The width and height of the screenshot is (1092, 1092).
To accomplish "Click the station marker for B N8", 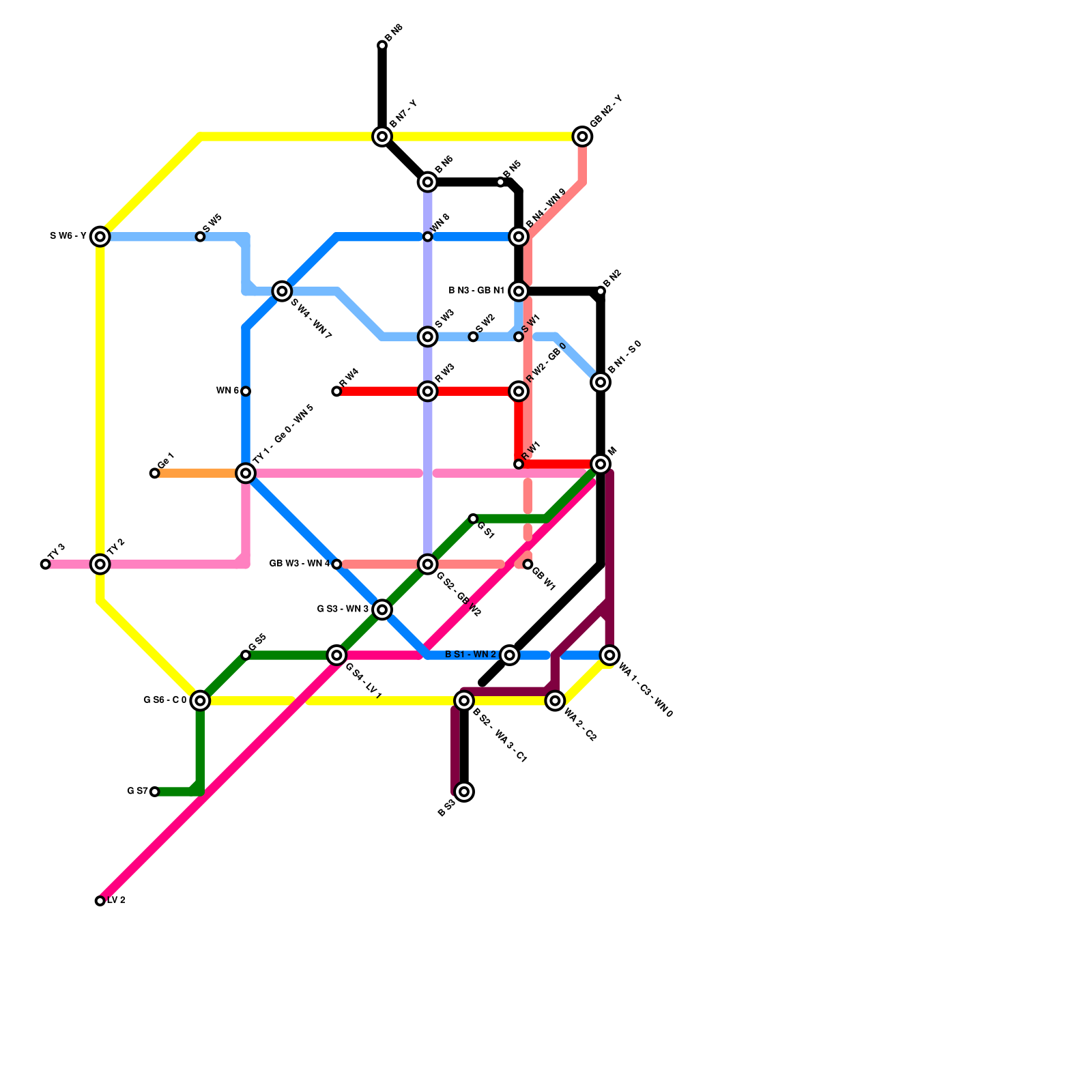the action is pos(382,46).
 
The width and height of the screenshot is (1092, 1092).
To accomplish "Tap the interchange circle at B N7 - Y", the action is pos(382,136).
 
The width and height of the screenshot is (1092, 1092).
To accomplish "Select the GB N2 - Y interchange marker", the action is pos(582,136).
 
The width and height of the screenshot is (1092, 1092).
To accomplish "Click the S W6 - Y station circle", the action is pos(100,237).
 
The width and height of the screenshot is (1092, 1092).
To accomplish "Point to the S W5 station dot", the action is pos(200,237).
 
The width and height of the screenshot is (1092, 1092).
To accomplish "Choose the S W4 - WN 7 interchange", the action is pos(282,291).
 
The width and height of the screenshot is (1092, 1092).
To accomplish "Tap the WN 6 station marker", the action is pos(246,391).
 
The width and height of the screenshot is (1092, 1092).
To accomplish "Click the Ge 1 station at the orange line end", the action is pos(155,473).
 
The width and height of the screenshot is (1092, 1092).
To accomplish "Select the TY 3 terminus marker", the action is pos(46,564).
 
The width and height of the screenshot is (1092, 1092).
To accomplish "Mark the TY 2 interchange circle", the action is pos(100,564).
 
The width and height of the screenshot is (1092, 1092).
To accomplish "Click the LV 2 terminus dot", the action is pos(100,901).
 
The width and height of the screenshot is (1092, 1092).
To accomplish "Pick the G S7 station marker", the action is pos(155,792).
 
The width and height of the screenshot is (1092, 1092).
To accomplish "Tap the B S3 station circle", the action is pos(464,792).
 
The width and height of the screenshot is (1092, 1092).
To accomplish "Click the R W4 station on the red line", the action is pos(336,391).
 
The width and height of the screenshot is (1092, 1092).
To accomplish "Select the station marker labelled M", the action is pos(601,464).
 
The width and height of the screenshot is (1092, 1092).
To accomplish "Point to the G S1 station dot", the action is pos(473,519).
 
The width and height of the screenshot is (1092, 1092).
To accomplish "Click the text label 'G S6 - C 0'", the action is pos(164,700).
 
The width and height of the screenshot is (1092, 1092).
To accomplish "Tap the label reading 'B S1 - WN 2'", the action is pos(470,655).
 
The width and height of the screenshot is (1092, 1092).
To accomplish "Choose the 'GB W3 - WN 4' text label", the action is pos(299,564).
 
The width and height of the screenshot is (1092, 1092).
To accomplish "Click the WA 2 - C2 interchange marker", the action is pos(555,701).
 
